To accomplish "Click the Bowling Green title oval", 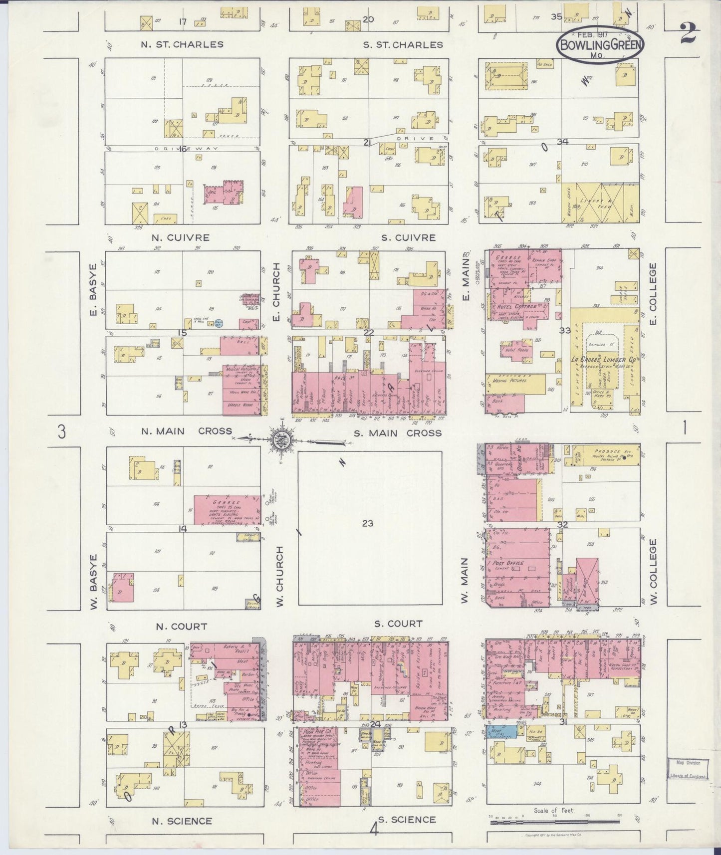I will click(x=600, y=44).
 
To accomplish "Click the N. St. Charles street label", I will click(x=182, y=44).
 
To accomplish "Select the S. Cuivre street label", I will click(x=408, y=238).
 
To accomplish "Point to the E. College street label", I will click(x=654, y=293).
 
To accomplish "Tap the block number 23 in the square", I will click(x=368, y=523).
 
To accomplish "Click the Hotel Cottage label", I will click(x=516, y=306).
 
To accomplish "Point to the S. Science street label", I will click(x=407, y=820).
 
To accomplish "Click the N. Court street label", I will click(x=182, y=627).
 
